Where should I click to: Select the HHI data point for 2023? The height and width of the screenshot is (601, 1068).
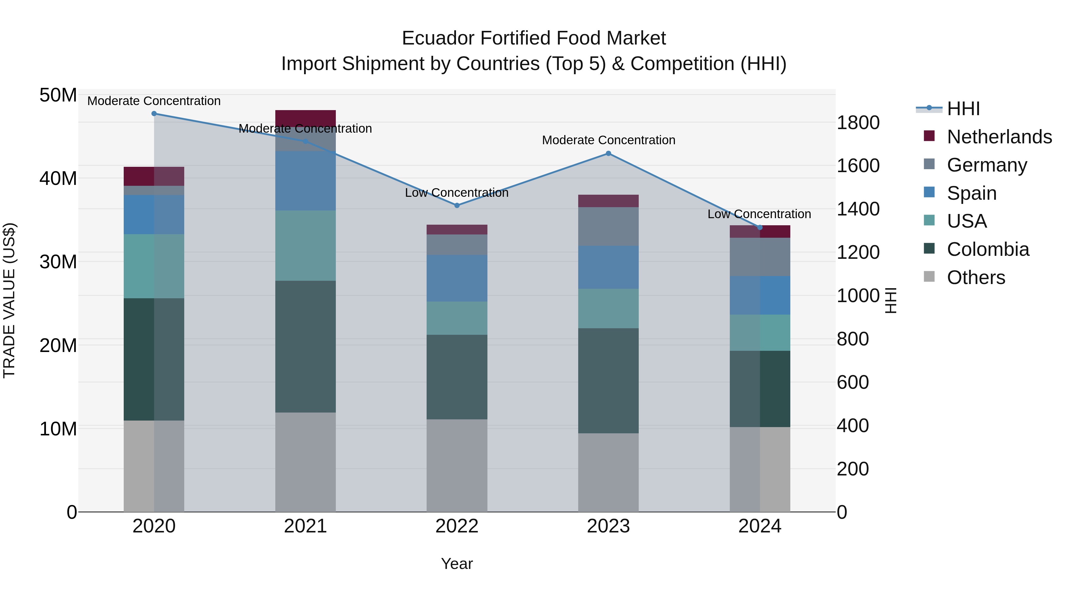608,153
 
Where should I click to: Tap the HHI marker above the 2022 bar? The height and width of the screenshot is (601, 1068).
457,205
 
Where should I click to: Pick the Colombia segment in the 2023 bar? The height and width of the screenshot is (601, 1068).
608,381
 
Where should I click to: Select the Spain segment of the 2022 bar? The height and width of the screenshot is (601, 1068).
457,278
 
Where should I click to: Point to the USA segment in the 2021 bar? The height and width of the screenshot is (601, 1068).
306,245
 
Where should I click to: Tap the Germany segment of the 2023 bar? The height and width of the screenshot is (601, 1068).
608,226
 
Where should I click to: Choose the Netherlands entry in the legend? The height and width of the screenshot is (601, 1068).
999,137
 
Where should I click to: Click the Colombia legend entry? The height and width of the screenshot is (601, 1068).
988,249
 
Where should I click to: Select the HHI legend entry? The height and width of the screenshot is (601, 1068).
963,109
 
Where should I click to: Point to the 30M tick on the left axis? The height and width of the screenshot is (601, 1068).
58,262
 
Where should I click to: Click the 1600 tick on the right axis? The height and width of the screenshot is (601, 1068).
858,166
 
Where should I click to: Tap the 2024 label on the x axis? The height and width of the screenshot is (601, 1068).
759,526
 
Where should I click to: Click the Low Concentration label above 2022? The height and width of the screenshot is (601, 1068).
457,193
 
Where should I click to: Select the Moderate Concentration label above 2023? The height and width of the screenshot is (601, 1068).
608,140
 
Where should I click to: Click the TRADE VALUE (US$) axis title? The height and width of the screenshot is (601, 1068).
9,300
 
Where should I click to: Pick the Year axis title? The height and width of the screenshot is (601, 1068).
457,564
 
